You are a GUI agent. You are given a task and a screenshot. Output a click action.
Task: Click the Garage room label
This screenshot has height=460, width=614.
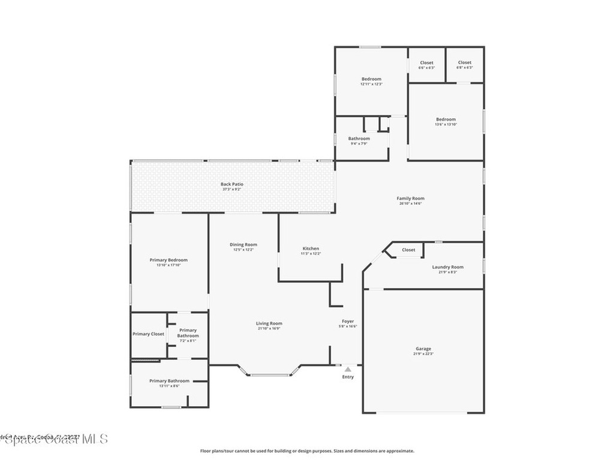pyautogui.click(x=423, y=349)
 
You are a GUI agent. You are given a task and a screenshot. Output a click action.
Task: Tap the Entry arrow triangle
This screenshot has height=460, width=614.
pyautogui.click(x=348, y=370)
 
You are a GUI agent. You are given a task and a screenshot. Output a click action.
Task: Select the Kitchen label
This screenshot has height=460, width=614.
pyautogui.click(x=311, y=249)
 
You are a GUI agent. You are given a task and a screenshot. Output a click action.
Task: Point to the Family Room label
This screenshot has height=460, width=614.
pyautogui.click(x=410, y=198)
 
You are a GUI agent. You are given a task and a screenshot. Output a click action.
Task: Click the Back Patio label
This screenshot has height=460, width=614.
pyautogui.click(x=232, y=184)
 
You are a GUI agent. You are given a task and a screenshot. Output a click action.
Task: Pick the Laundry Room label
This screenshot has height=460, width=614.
pyautogui.click(x=448, y=267)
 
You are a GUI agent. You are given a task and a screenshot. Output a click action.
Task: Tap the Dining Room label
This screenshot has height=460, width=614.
pyautogui.click(x=243, y=244)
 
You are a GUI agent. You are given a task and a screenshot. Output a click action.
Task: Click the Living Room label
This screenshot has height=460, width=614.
pyautogui.click(x=269, y=323)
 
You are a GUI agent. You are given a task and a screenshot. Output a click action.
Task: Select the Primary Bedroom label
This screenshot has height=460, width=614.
pyautogui.click(x=168, y=260)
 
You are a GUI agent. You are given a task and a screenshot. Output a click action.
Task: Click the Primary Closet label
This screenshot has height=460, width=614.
pyautogui.click(x=148, y=334)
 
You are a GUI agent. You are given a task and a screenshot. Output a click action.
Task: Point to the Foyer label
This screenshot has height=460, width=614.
pyautogui.click(x=348, y=322)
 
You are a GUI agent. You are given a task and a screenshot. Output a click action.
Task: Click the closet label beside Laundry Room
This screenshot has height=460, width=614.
pyautogui.click(x=408, y=250)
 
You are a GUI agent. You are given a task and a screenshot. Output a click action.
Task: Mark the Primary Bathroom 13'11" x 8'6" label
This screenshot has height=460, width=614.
pyautogui.click(x=170, y=381)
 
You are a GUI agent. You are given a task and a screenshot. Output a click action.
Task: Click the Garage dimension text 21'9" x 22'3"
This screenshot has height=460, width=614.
pyautogui.click(x=423, y=354)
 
